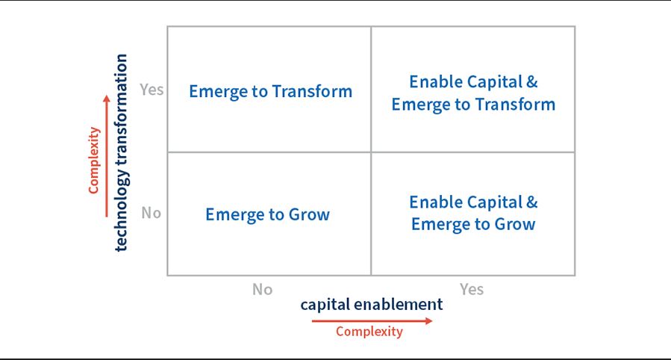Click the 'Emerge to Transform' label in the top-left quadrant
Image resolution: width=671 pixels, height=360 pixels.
point(270,92)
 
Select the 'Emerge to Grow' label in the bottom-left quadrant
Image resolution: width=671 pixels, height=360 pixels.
point(267,215)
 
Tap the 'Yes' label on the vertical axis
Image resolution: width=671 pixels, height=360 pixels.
point(152,90)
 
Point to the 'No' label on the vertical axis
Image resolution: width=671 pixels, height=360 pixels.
point(151,213)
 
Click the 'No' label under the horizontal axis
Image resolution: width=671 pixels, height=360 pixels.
point(262,289)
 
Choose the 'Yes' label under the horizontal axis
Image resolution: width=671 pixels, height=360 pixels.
point(472,289)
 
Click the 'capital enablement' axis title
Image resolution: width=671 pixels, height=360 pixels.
point(371,305)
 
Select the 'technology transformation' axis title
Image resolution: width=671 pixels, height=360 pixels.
point(122,152)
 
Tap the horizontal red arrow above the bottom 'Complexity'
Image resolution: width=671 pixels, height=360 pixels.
point(372,321)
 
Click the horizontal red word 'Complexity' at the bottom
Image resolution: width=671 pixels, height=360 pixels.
point(369,332)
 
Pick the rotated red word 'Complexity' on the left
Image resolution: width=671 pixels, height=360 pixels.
point(94,161)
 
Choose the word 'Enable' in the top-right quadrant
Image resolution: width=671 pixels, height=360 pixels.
point(434,82)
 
